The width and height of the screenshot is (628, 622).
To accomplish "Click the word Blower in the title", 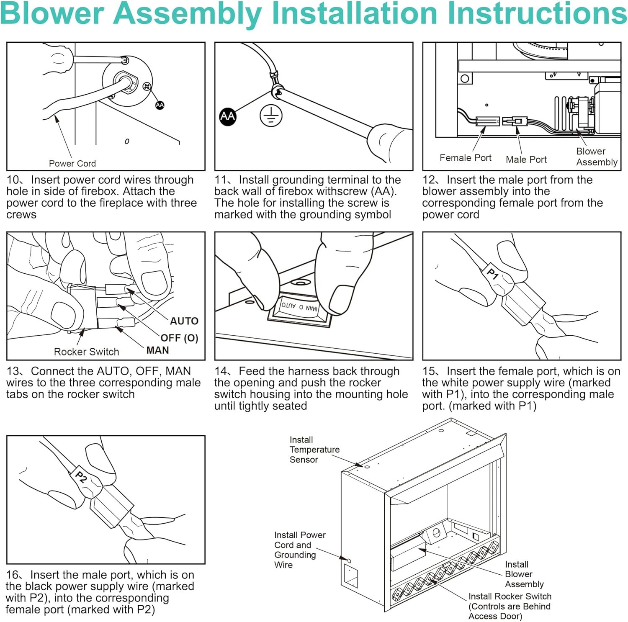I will [52, 13].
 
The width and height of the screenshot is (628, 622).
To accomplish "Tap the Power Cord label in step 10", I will [72, 164].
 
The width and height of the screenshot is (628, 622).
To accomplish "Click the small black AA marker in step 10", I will [160, 105].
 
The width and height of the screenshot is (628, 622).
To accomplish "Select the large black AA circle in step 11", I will [228, 116].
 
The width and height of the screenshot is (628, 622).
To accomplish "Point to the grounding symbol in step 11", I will [271, 116].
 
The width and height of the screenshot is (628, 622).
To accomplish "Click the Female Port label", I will [465, 158].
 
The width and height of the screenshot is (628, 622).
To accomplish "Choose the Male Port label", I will [526, 159].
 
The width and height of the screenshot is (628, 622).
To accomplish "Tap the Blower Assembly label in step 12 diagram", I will [596, 157].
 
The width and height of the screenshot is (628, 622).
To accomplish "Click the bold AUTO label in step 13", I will [184, 321].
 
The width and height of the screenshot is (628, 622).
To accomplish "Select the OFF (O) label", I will [179, 338].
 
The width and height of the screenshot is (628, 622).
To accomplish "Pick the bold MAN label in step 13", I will [157, 350].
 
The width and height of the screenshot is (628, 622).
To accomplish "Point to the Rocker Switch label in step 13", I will [86, 352].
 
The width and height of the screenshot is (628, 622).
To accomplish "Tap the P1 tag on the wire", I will [493, 274].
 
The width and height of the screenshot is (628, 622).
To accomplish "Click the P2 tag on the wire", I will [81, 476].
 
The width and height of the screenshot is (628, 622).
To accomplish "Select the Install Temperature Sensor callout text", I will [314, 450].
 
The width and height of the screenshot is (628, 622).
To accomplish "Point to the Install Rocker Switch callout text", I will [509, 606].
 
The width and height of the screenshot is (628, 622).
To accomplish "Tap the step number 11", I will [221, 180].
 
